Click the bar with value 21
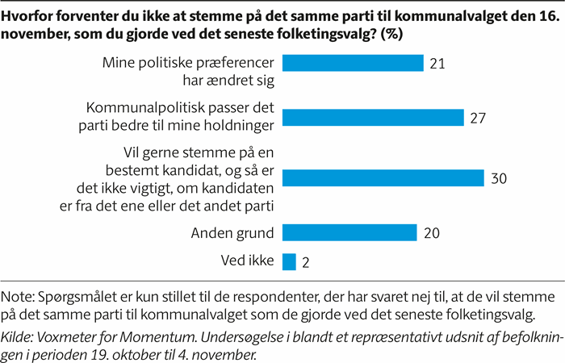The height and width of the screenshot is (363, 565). click(x=353, y=63)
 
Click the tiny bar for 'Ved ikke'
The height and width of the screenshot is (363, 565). click(x=289, y=261)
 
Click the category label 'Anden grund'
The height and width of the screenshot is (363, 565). click(x=234, y=233)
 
